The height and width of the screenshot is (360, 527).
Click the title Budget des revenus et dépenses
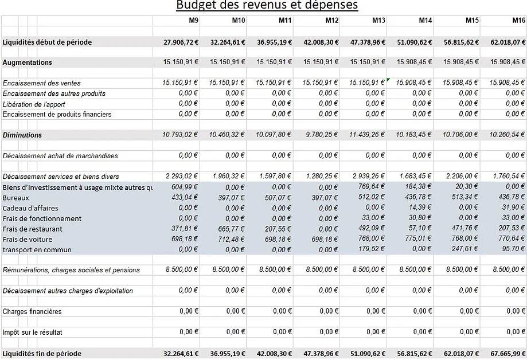coord(267,6)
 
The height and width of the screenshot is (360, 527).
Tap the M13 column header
coord(378,21)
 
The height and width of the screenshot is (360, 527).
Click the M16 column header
coord(519,21)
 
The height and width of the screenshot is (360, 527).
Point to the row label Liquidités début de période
coord(47,42)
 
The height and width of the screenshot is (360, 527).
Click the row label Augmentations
coord(28,62)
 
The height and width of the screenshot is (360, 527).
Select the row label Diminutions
coord(22,135)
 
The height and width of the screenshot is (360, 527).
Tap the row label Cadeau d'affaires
coord(30,208)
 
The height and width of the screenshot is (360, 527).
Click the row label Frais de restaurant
coord(33,229)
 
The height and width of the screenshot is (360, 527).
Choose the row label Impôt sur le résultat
coord(33,332)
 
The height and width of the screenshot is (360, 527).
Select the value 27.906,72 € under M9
coord(181,42)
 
